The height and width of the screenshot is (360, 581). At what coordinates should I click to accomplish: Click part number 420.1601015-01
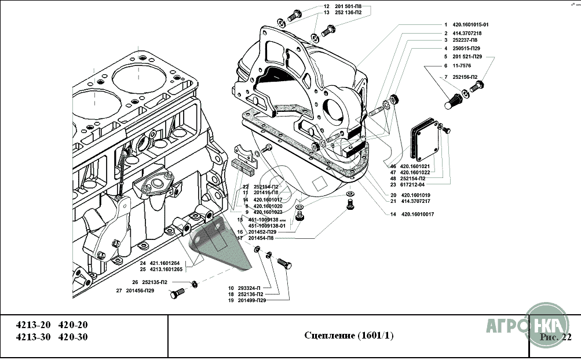470,25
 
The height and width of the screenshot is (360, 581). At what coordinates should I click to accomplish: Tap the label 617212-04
416,184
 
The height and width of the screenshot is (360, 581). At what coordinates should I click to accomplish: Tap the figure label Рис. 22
556,336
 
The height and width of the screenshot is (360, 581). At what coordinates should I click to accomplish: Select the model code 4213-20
34,325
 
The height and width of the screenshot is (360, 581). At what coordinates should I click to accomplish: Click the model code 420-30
74,337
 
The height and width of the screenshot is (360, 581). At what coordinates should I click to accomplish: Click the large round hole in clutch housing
336,109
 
